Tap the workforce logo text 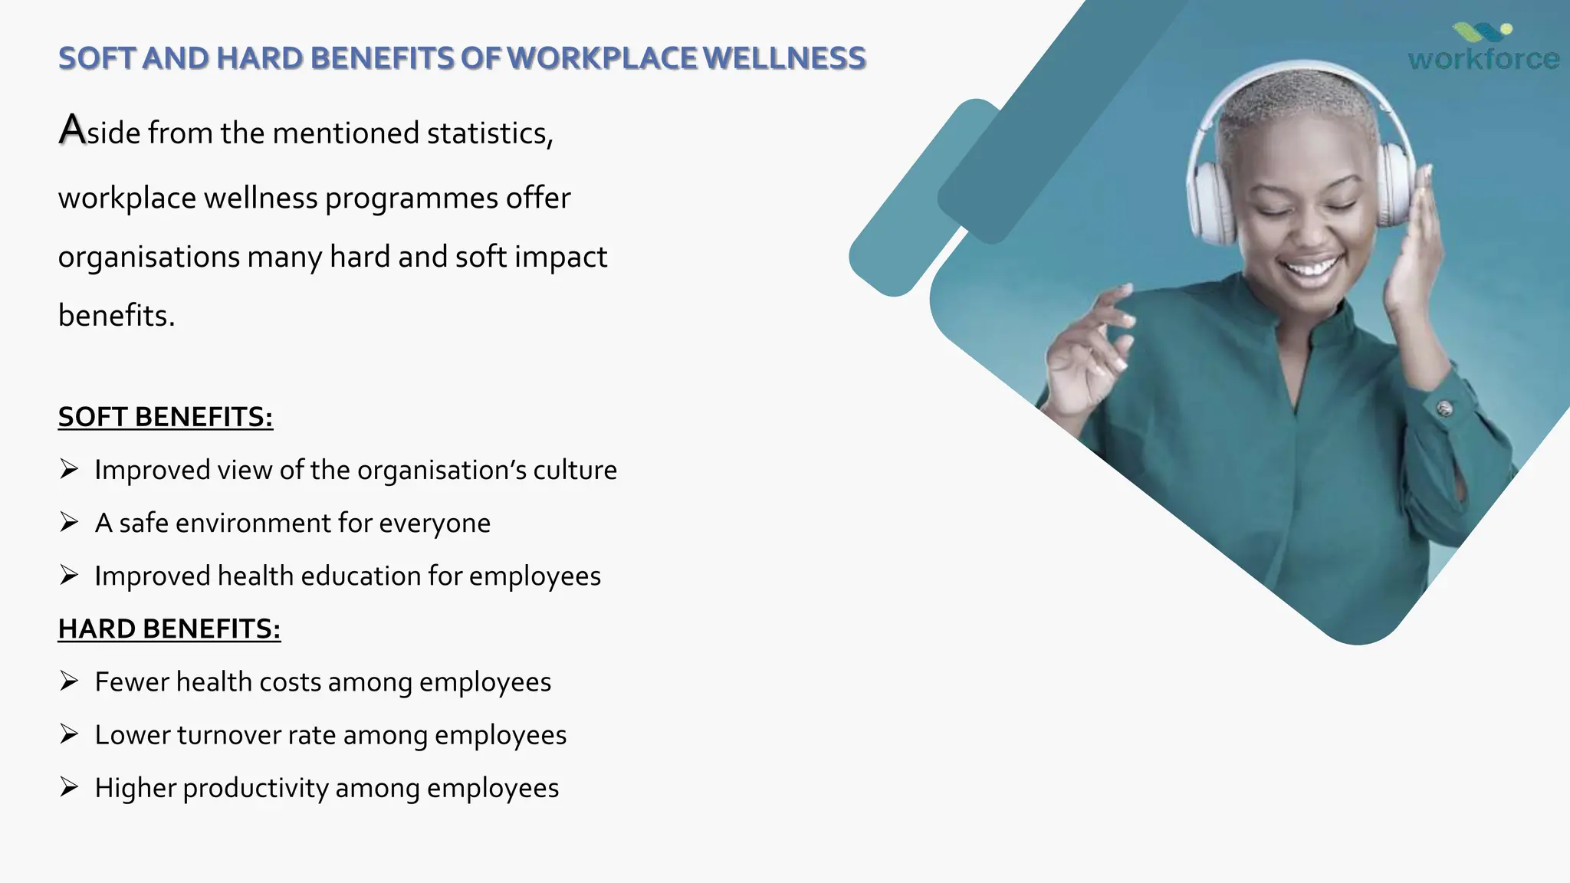[x=1483, y=59]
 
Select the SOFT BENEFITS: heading [x=166, y=417]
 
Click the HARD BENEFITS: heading [x=169, y=629]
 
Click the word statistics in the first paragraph [x=489, y=133]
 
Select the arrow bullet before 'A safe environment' [x=69, y=523]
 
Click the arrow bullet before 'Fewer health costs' [x=69, y=681]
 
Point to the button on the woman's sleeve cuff [x=1444, y=409]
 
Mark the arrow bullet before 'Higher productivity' [x=69, y=787]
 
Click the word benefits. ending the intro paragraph [x=117, y=316]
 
